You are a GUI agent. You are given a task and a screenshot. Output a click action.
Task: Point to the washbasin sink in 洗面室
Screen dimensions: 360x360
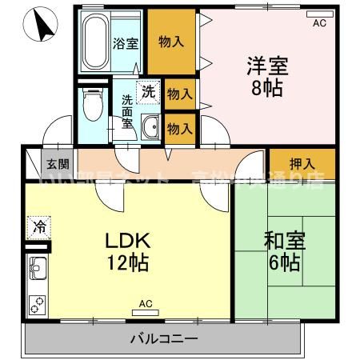[x=150, y=126]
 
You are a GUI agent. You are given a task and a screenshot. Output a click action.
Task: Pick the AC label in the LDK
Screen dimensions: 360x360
[x=145, y=303]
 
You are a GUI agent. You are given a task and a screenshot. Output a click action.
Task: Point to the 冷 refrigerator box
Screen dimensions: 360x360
[x=39, y=227]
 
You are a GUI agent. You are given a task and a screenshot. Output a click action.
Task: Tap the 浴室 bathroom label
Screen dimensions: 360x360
[x=123, y=43]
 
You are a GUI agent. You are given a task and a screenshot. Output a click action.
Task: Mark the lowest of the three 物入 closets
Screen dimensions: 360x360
[x=179, y=128]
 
